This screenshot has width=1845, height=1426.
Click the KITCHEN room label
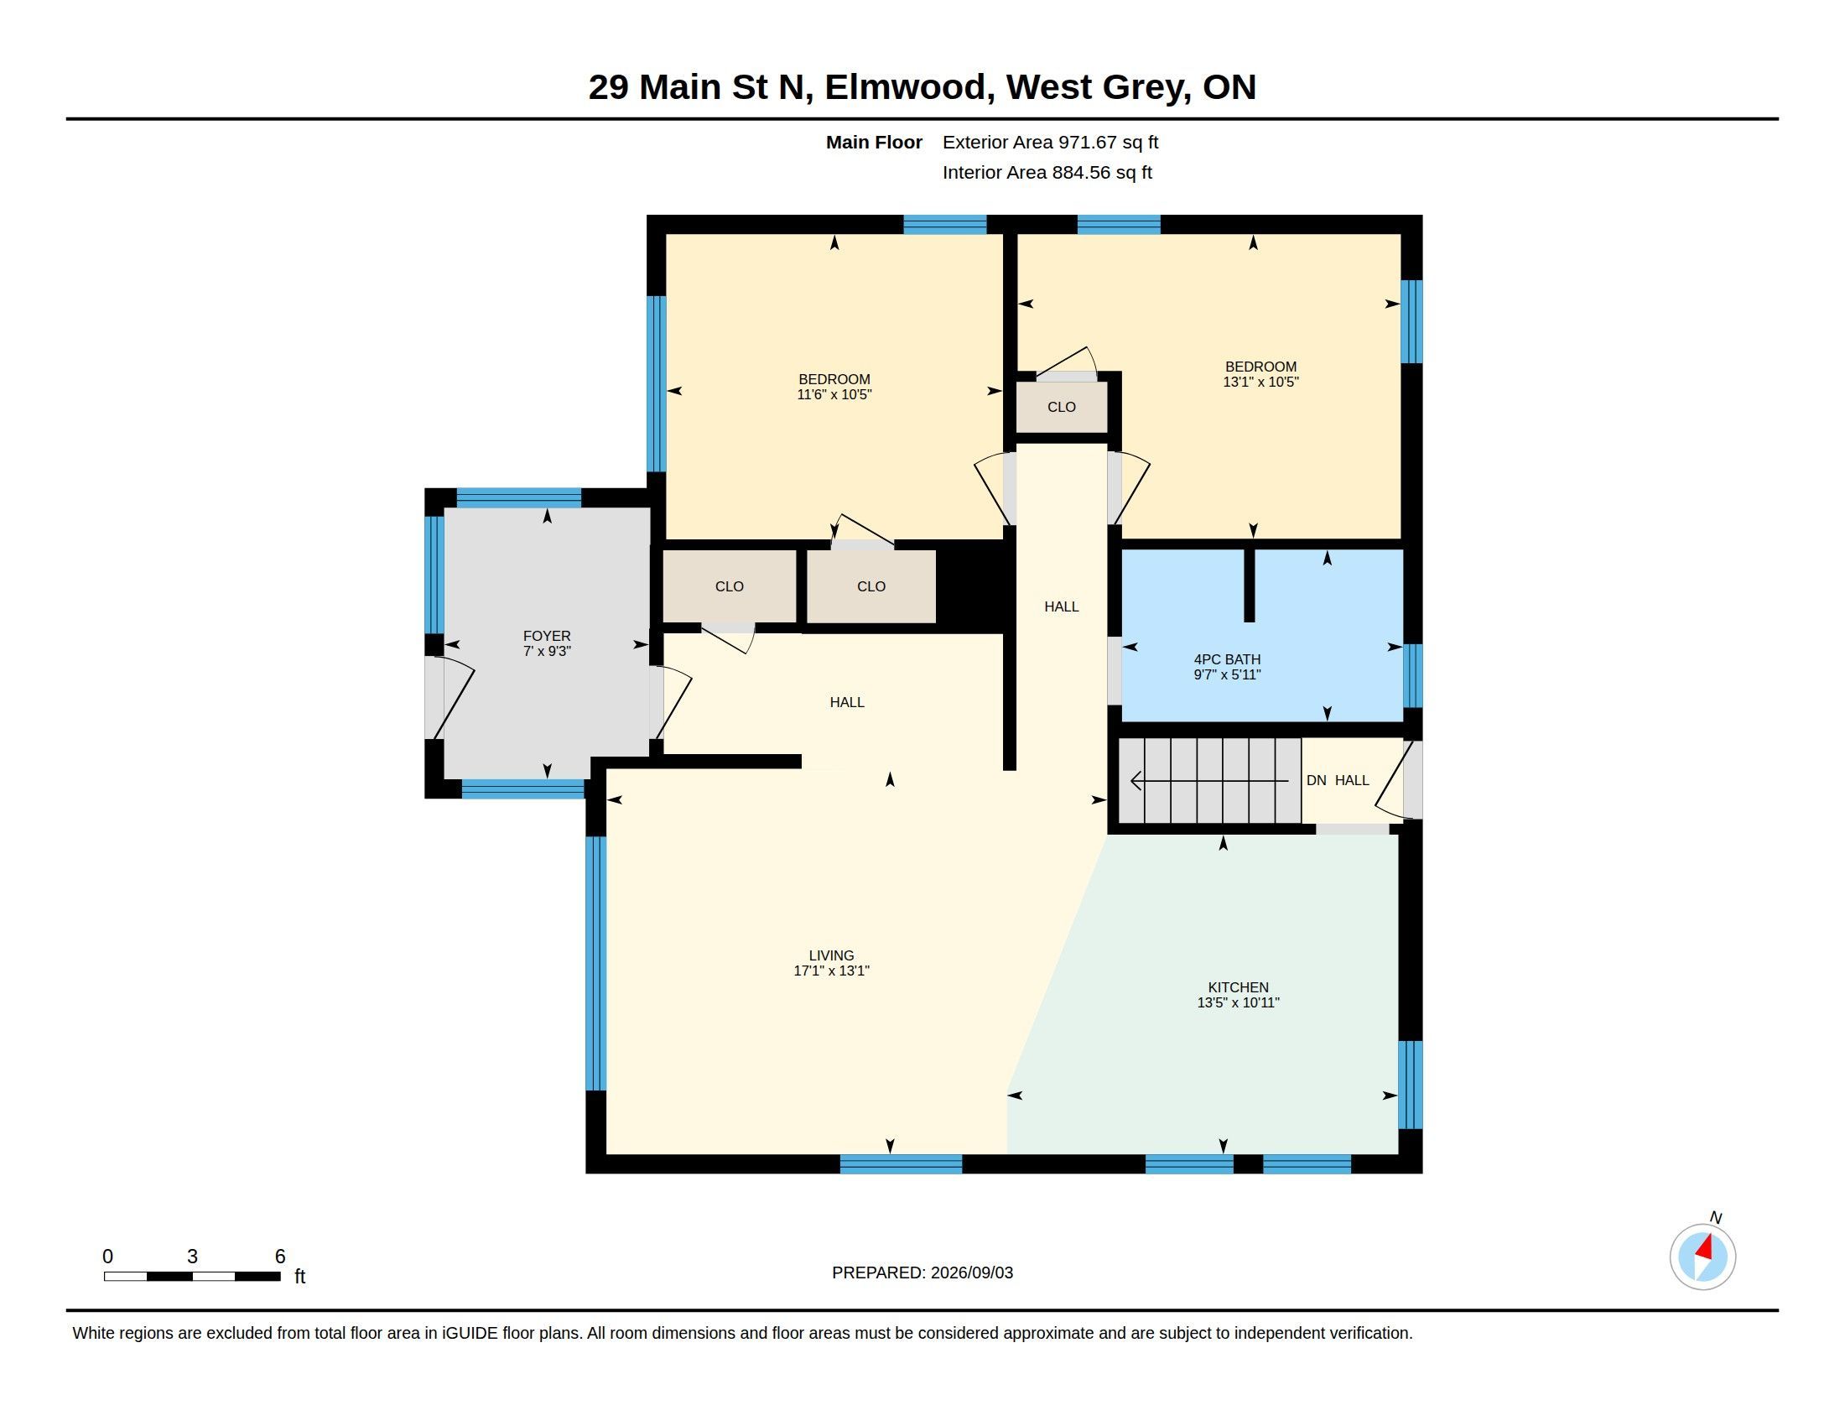pyautogui.click(x=1238, y=987)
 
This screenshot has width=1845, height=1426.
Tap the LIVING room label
pyautogui.click(x=831, y=955)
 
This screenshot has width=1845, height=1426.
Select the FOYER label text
pyautogui.click(x=547, y=636)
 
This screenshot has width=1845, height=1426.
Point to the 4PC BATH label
pyautogui.click(x=1227, y=660)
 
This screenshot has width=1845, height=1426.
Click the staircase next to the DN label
pyautogui.click(x=1209, y=781)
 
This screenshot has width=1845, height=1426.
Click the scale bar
pyautogui.click(x=192, y=1276)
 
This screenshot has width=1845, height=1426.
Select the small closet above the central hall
pyautogui.click(x=1061, y=407)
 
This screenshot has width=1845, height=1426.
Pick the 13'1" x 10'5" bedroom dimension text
pyautogui.click(x=1260, y=382)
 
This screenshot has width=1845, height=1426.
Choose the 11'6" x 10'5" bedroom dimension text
pyautogui.click(x=834, y=394)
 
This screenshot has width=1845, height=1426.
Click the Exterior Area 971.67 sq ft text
pyautogui.click(x=1050, y=143)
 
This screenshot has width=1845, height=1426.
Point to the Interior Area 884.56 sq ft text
pyautogui.click(x=1047, y=173)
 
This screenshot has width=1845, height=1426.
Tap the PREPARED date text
pyautogui.click(x=922, y=1272)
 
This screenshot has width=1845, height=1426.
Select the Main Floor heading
pyautogui.click(x=874, y=143)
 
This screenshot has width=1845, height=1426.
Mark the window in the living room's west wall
pyautogui.click(x=595, y=963)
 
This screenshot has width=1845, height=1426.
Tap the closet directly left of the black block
pyautogui.click(x=871, y=586)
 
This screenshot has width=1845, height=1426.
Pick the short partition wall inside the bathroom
pyautogui.click(x=1250, y=585)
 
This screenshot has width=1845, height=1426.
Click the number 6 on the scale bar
pyautogui.click(x=280, y=1257)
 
